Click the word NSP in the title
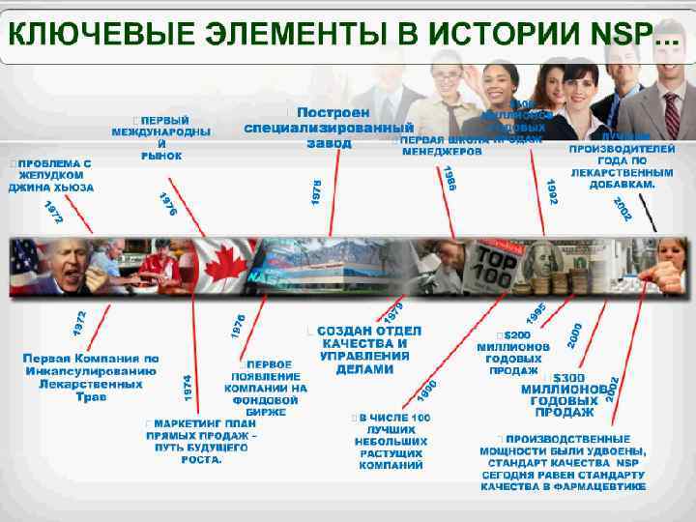(x=620, y=36)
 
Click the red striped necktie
(x=671, y=116)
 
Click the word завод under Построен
(x=329, y=143)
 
